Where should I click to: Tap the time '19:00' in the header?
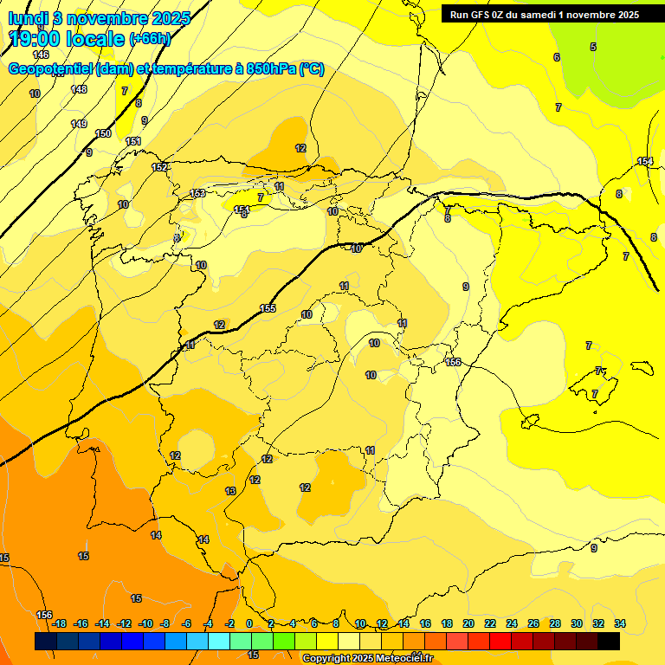(x=34, y=39)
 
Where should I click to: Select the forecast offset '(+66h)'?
(x=150, y=39)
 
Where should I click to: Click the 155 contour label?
(x=268, y=308)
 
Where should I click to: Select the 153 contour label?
(x=197, y=193)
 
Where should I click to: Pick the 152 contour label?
(x=159, y=167)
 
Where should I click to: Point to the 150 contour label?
(x=103, y=133)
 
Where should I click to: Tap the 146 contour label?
(x=41, y=55)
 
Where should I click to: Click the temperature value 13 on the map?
(x=230, y=491)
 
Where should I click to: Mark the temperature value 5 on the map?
(x=593, y=47)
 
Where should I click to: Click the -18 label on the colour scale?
(x=59, y=623)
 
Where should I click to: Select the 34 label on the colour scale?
(x=620, y=623)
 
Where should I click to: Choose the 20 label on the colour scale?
(x=468, y=623)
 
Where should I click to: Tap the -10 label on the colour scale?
(x=145, y=623)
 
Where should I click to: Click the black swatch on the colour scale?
(x=609, y=641)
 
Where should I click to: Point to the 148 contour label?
(x=79, y=89)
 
